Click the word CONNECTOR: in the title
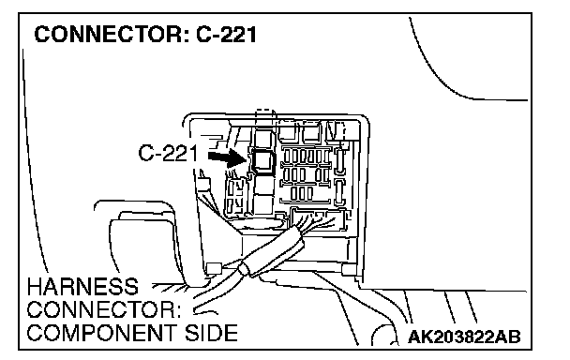tap(112, 35)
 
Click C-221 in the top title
tap(227, 35)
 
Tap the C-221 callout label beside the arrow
tap(169, 153)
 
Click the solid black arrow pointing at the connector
tap(228, 158)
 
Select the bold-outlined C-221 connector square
tap(263, 160)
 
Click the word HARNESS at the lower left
tap(82, 287)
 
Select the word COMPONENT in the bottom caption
tap(103, 333)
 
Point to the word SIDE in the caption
tap(211, 333)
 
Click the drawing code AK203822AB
tap(464, 337)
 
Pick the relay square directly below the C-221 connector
tap(264, 184)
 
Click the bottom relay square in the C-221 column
tap(264, 203)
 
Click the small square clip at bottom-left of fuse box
tap(214, 268)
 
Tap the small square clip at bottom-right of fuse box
tap(349, 269)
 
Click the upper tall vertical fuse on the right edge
tap(340, 160)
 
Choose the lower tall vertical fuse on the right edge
tap(339, 191)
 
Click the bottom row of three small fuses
tap(302, 193)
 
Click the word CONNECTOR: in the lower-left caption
tap(104, 309)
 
